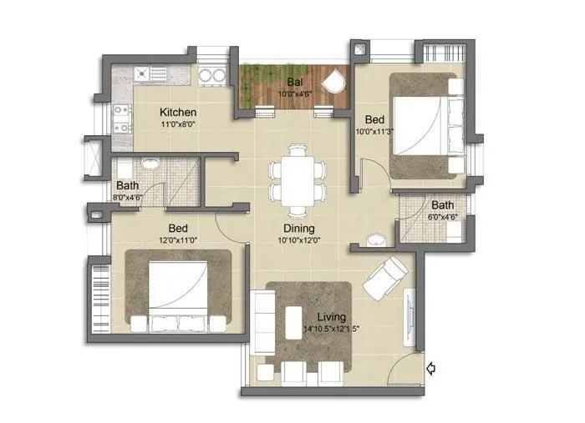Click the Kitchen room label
click(x=178, y=112)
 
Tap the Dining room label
click(x=298, y=229)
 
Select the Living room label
click(x=333, y=317)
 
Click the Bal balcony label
click(x=294, y=82)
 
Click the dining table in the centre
click(x=295, y=179)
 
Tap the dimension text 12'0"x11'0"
click(x=178, y=241)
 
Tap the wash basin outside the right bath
click(x=376, y=240)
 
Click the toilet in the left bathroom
click(x=148, y=164)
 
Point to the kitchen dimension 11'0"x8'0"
click(x=178, y=124)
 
